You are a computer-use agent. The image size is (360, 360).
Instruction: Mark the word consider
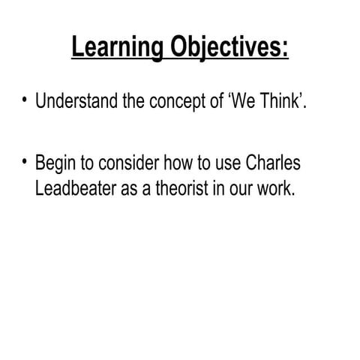coord(132,163)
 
